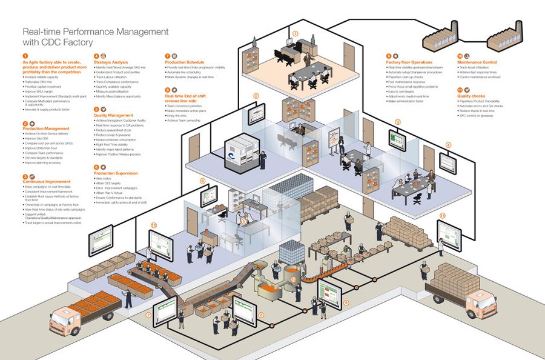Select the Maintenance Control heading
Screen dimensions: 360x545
click(x=477, y=62)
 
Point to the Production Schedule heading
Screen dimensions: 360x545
click(x=185, y=62)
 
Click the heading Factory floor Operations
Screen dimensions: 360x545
click(x=409, y=62)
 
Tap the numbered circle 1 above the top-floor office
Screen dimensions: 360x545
click(x=295, y=34)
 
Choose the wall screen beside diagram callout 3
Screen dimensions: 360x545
click(x=397, y=141)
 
